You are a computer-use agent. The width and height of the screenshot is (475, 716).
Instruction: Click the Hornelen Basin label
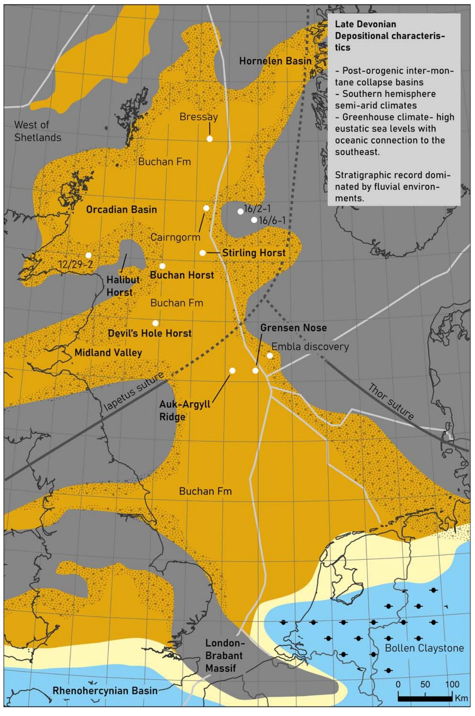[x=275, y=61]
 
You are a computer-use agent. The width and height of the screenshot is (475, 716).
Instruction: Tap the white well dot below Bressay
[x=210, y=139]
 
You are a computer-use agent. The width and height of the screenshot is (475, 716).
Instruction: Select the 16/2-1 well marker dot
[x=240, y=211]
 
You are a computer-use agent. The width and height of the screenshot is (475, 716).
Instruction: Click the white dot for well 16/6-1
[x=254, y=220]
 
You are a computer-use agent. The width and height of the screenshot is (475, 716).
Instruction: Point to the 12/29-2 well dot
[x=89, y=255]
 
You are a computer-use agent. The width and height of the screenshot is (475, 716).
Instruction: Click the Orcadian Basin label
[x=121, y=209]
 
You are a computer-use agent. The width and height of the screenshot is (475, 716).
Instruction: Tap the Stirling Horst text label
[x=254, y=252]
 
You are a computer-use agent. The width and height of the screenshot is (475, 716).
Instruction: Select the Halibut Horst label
[x=123, y=286]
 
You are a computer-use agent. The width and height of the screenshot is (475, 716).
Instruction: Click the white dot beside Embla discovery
[x=270, y=355]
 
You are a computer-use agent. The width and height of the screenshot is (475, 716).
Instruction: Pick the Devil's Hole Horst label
[x=150, y=333]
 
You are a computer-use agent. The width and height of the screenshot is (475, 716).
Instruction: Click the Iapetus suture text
[x=133, y=391]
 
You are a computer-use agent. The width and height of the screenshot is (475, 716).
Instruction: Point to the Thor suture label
[x=391, y=401]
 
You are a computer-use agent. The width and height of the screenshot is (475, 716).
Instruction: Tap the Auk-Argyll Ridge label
[x=184, y=410]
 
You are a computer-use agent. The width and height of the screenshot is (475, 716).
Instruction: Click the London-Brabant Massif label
[x=224, y=655]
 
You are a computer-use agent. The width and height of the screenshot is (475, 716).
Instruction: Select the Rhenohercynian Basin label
[x=105, y=690]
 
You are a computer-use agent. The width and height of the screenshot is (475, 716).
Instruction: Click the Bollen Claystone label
[x=424, y=648]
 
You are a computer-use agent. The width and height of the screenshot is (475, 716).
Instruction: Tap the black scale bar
[x=425, y=698]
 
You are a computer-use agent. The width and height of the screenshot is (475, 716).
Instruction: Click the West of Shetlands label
[x=38, y=131]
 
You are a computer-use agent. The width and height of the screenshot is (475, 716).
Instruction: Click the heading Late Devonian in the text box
[x=365, y=24]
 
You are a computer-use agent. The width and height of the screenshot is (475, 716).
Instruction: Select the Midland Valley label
[x=108, y=353]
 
